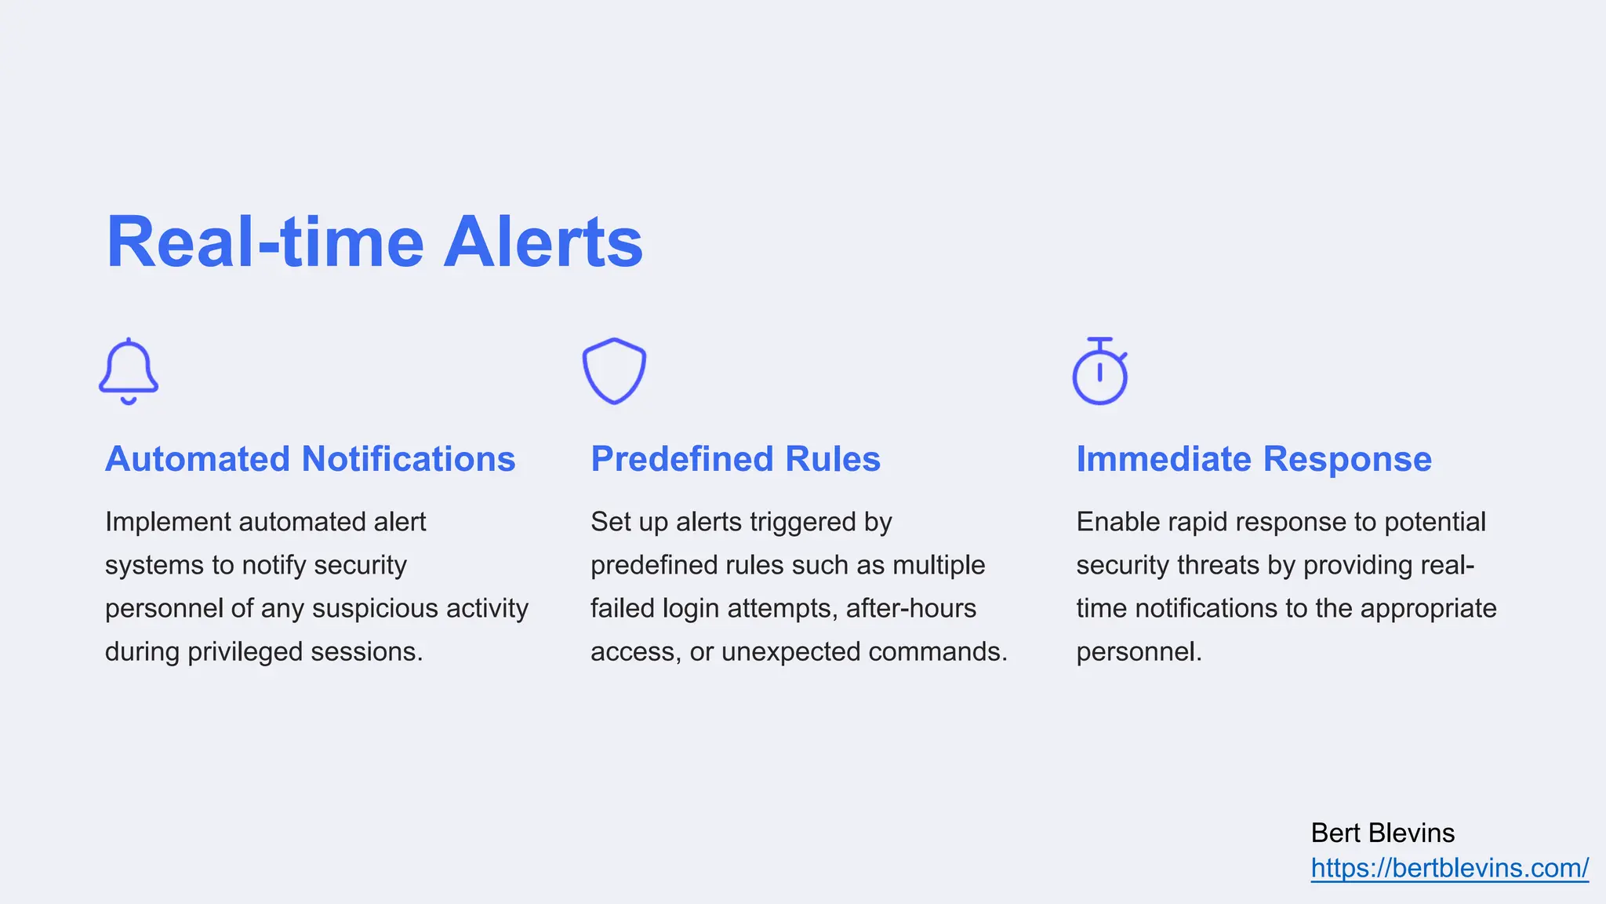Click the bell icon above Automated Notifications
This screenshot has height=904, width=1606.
(x=129, y=371)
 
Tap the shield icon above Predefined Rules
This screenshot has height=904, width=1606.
(x=614, y=371)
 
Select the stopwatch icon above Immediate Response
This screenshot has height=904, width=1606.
(x=1099, y=372)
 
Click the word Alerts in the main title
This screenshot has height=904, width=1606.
(x=543, y=242)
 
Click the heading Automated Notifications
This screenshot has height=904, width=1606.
(x=310, y=459)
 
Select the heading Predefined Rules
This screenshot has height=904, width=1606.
(x=735, y=459)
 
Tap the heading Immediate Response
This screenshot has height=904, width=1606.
(x=1253, y=459)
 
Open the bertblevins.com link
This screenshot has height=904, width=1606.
(x=1449, y=868)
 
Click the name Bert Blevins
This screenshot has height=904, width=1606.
(x=1383, y=833)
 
